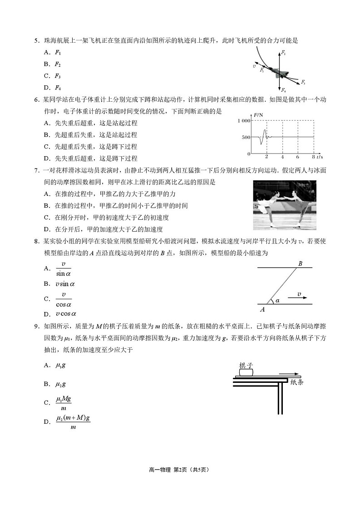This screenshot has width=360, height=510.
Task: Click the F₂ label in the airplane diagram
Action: coord(283,54)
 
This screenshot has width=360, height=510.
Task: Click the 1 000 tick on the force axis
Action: coord(243,121)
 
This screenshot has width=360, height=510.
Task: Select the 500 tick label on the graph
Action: coord(246,137)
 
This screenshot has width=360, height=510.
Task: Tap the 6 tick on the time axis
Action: coord(297,157)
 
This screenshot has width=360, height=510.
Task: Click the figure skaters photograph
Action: coord(285,205)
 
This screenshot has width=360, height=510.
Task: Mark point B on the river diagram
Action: coord(300,263)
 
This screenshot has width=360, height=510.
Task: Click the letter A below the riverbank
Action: coord(262,310)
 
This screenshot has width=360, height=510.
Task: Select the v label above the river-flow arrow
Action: coord(299,294)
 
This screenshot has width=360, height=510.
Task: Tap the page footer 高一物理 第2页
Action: coord(180,470)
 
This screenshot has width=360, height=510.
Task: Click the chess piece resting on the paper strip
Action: coord(246,372)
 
